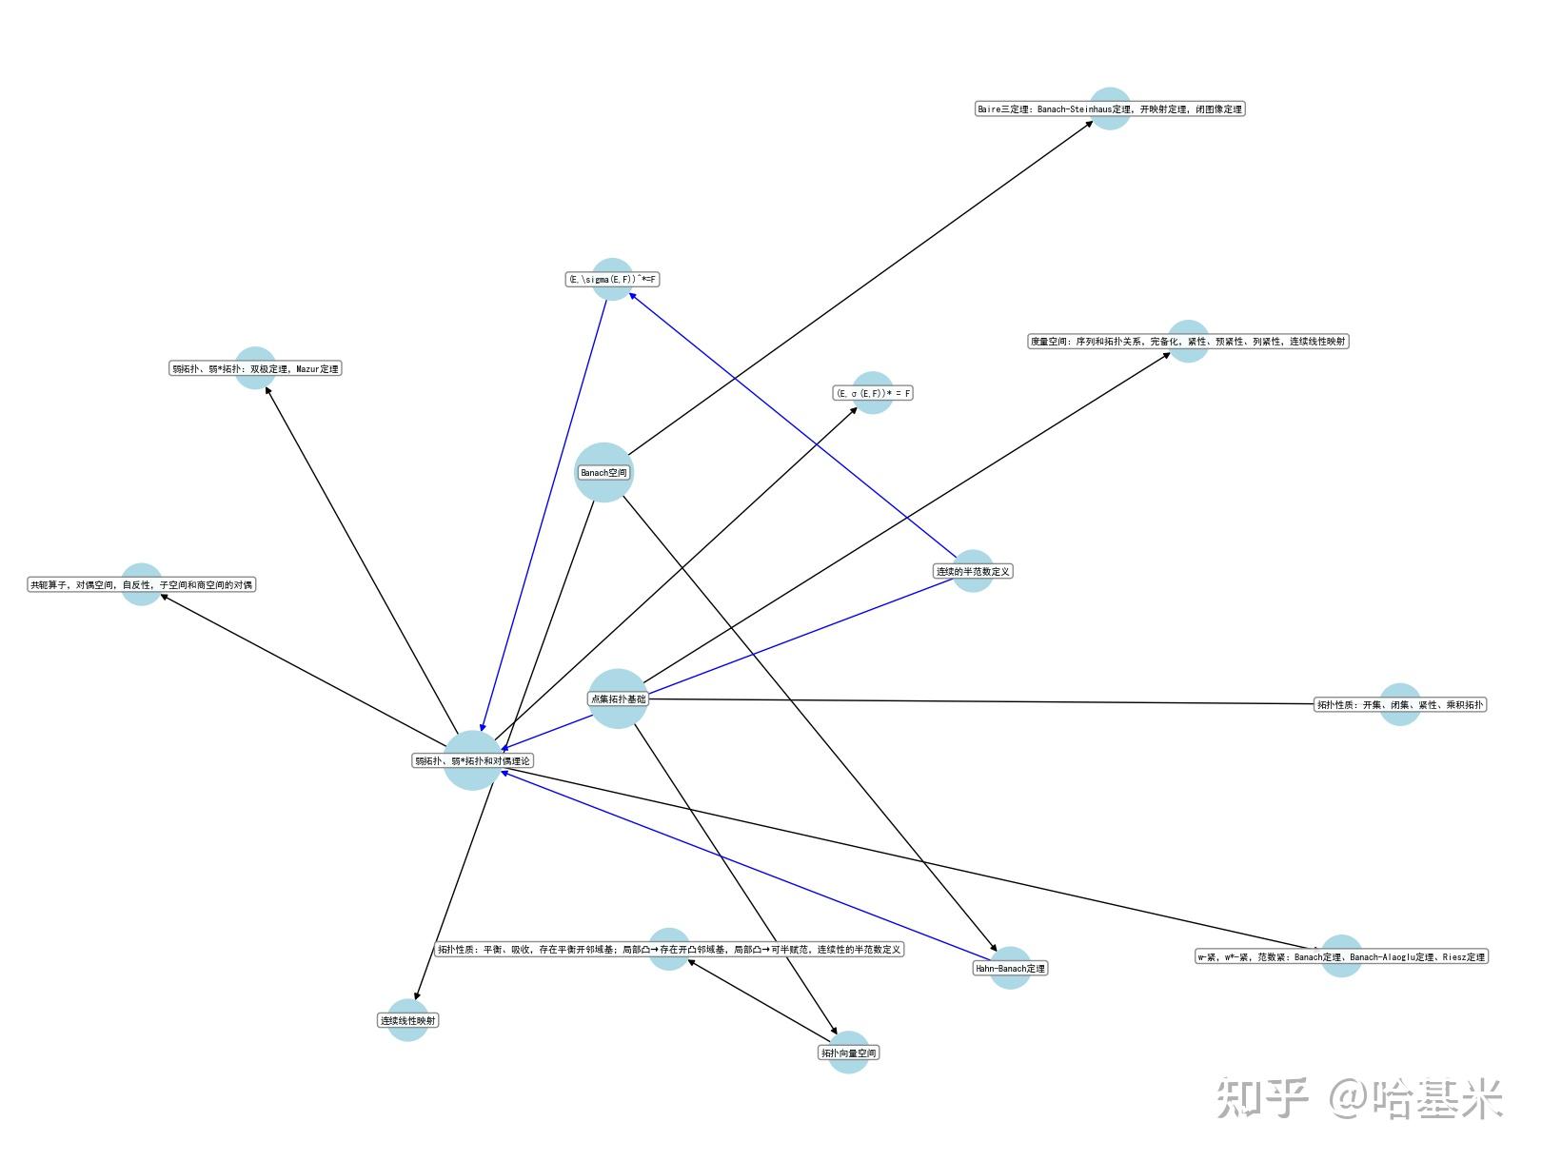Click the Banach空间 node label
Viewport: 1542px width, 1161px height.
pyautogui.click(x=603, y=473)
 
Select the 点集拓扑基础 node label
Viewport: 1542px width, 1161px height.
pyautogui.click(x=618, y=699)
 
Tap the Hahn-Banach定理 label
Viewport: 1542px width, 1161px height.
pyautogui.click(x=1010, y=969)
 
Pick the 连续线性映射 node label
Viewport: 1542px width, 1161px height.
pyautogui.click(x=408, y=1021)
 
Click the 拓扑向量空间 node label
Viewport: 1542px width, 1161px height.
pyautogui.click(x=848, y=1053)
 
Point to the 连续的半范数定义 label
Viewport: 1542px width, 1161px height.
pyautogui.click(x=973, y=572)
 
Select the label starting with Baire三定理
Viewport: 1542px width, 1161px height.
pyautogui.click(x=1110, y=109)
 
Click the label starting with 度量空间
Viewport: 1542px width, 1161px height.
pyautogui.click(x=1188, y=342)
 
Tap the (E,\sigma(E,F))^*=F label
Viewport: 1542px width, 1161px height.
pyautogui.click(x=612, y=280)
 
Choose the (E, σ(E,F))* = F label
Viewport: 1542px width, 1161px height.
pyautogui.click(x=873, y=393)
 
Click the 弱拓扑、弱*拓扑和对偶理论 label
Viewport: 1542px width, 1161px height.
pyautogui.click(x=473, y=761)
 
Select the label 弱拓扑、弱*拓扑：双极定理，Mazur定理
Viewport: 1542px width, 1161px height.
pyautogui.click(x=255, y=369)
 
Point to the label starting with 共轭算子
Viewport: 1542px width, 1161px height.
pyautogui.click(x=142, y=585)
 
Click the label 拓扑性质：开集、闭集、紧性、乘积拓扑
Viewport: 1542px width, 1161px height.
pyautogui.click(x=1399, y=705)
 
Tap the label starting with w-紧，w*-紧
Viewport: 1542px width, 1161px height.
pyautogui.click(x=1340, y=957)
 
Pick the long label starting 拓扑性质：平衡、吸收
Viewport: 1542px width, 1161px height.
pyautogui.click(x=669, y=950)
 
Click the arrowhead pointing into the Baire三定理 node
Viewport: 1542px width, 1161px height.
pyautogui.click(x=1090, y=123)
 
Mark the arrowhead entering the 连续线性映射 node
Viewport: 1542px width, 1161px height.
pyautogui.click(x=417, y=995)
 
